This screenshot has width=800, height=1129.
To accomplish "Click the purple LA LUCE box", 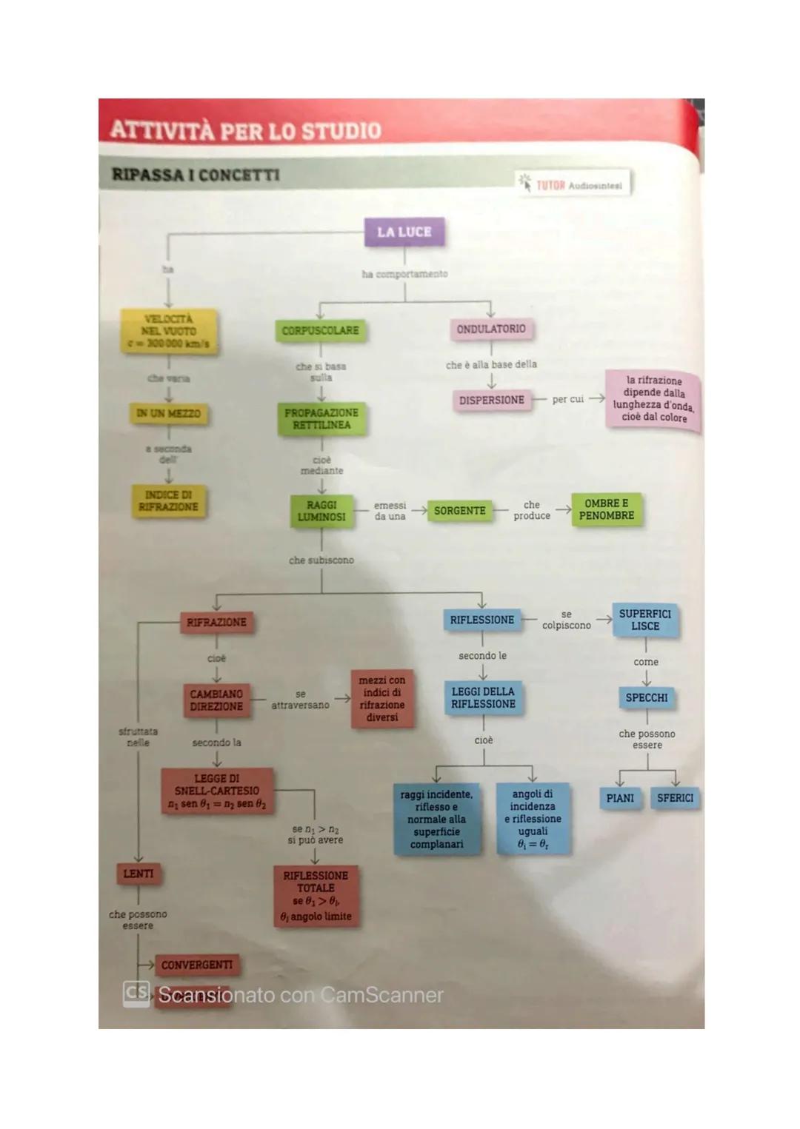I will click(404, 232).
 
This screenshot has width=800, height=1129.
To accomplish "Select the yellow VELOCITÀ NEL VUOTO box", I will click(170, 331).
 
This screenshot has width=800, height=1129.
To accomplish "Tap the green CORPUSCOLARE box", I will click(320, 330).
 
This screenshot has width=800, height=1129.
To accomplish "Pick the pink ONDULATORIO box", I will click(491, 329).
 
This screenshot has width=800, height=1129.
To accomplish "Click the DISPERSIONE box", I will click(491, 400).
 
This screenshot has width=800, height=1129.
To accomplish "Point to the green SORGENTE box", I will click(459, 511).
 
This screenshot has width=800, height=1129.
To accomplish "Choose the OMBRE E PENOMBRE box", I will click(606, 509).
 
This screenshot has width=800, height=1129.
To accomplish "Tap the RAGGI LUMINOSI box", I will click(321, 511).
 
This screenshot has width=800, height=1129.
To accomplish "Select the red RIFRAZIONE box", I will click(216, 623).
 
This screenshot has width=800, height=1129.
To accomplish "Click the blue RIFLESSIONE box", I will click(481, 620).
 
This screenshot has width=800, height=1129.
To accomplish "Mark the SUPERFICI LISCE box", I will click(645, 620).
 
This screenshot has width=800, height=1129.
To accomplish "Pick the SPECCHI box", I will click(647, 697).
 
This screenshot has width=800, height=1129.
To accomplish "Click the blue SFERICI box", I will click(675, 798).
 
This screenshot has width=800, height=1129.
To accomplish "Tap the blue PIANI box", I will click(620, 798).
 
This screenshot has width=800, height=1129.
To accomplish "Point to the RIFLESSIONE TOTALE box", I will click(316, 895).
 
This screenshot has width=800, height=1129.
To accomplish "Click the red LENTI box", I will click(139, 874).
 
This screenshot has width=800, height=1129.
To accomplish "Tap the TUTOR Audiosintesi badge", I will click(573, 184).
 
